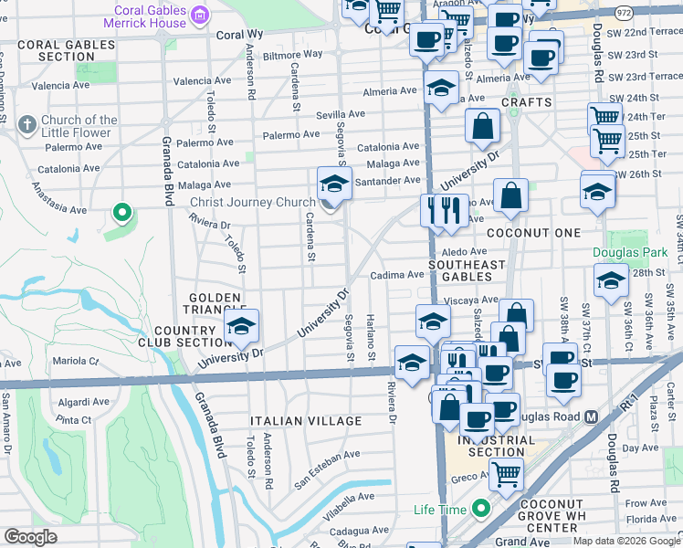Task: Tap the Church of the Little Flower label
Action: (x=79, y=126)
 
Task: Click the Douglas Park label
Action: (x=629, y=252)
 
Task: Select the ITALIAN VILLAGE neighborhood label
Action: (x=306, y=421)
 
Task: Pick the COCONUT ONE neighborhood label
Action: (x=533, y=234)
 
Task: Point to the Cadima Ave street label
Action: (x=397, y=275)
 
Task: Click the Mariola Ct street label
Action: (x=76, y=361)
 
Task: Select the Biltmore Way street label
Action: (x=293, y=54)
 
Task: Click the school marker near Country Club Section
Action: (x=242, y=327)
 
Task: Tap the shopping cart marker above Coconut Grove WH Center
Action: (x=505, y=473)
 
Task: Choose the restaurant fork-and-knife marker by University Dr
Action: (x=444, y=211)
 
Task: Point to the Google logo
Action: (x=31, y=537)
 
